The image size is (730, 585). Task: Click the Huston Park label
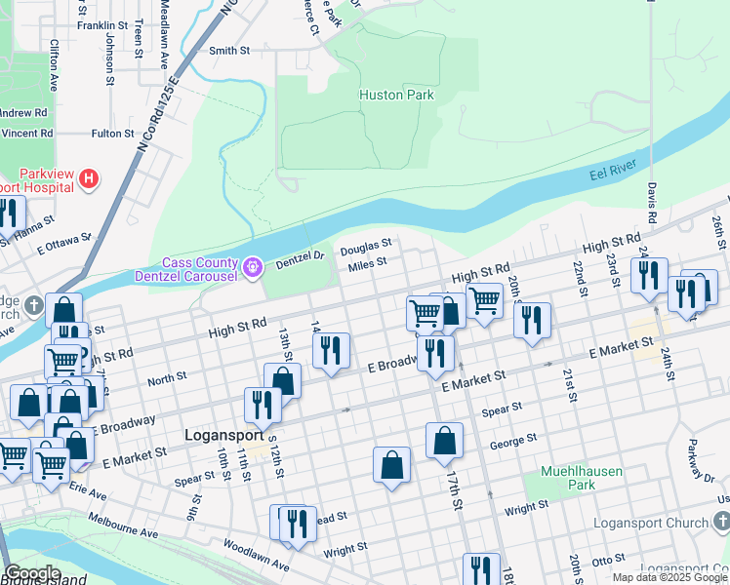point(395,96)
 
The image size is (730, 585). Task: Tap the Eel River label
point(612,173)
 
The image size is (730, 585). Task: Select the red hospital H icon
point(89,178)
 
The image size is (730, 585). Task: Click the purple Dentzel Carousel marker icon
point(253,265)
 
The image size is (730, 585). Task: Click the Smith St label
point(229,50)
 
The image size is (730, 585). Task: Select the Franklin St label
point(102,24)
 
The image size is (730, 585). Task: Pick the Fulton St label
point(112,133)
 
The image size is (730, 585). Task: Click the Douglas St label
point(365,246)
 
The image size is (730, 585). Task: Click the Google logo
point(32,573)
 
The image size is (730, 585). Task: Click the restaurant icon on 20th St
point(532,321)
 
